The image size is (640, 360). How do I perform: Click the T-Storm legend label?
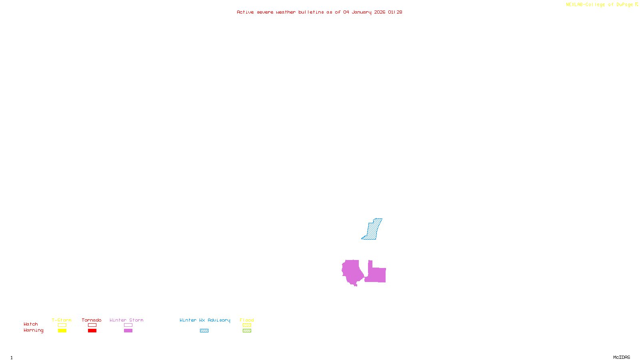click(x=62, y=320)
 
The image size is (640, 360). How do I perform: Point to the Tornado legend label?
click(x=92, y=320)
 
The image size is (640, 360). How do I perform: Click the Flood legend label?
click(x=247, y=320)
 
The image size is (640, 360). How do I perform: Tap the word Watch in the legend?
click(x=31, y=324)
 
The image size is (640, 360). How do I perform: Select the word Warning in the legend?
click(x=33, y=330)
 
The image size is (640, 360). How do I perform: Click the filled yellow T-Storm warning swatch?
click(x=62, y=331)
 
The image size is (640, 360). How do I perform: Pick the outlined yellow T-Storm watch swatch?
click(x=62, y=325)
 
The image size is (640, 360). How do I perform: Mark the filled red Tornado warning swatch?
click(x=92, y=331)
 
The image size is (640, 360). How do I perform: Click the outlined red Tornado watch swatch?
click(x=92, y=325)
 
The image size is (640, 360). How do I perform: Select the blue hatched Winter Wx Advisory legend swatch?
click(x=204, y=331)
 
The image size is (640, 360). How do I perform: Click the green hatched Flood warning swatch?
click(x=247, y=331)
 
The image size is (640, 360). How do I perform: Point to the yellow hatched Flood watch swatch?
click(x=247, y=325)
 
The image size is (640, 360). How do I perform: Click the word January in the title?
click(x=362, y=12)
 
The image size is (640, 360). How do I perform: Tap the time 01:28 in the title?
click(x=395, y=12)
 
